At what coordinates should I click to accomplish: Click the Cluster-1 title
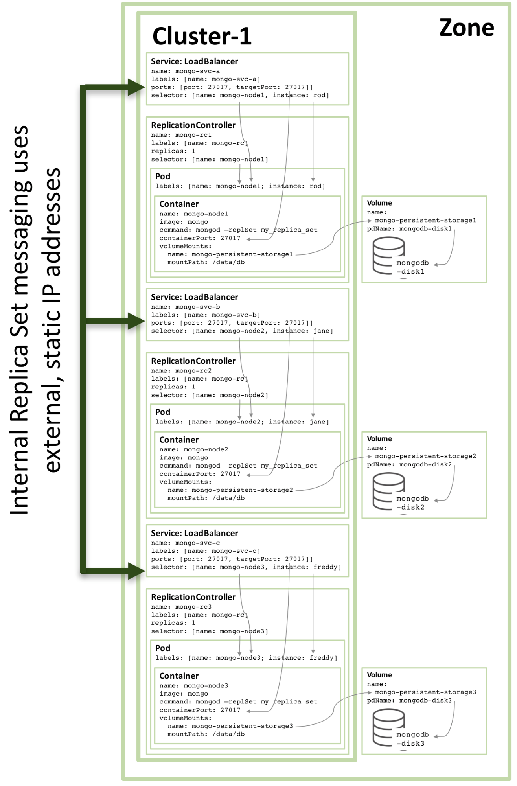coord(202,36)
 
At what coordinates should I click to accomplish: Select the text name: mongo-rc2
coord(181,371)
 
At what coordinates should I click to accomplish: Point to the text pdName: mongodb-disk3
coord(409,700)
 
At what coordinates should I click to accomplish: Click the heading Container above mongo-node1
coord(179,204)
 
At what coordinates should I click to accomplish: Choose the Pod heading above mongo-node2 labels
coord(163,412)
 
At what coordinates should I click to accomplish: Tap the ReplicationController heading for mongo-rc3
coord(193,597)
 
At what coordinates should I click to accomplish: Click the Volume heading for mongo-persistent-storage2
coord(379,439)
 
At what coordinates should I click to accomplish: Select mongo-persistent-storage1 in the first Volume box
coord(425,220)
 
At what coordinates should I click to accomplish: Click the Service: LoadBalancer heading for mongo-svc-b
coord(194,297)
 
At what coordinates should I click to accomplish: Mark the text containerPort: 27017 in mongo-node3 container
coord(200,710)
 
